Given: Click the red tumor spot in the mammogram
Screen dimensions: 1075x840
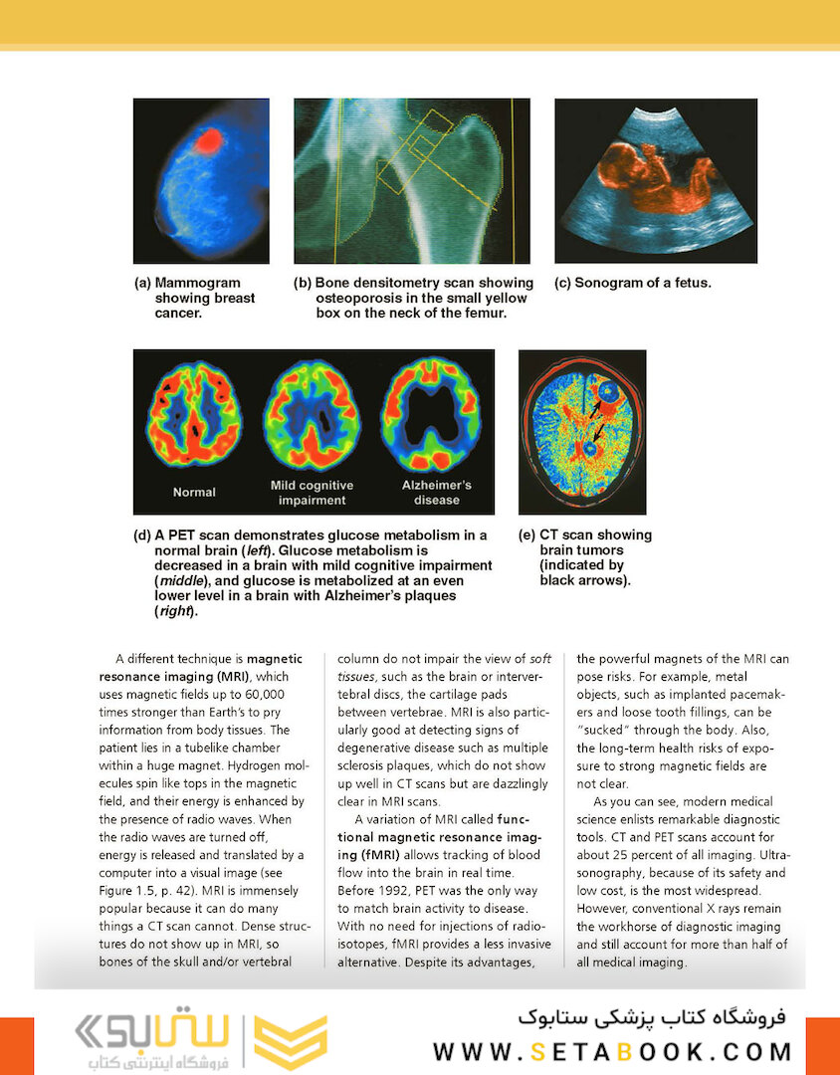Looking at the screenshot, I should pyautogui.click(x=207, y=140).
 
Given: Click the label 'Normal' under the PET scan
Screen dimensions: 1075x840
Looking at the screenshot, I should pyautogui.click(x=194, y=492).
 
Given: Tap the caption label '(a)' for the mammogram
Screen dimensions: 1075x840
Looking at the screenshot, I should pyautogui.click(x=143, y=283).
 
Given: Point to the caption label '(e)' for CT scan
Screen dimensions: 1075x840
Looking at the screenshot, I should pyautogui.click(x=527, y=535).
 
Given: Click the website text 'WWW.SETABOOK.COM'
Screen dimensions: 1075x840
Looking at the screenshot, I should pyautogui.click(x=612, y=1051).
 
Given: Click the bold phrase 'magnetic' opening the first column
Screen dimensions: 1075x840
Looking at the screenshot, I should pyautogui.click(x=281, y=658).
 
